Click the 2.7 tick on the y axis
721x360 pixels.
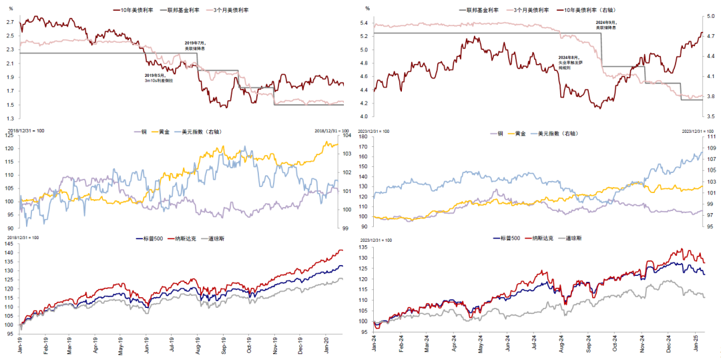coord(10,22)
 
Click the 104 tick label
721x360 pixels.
coord(348,136)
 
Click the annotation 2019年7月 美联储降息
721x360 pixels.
coord(196,45)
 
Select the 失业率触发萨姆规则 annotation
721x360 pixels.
coord(570,63)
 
